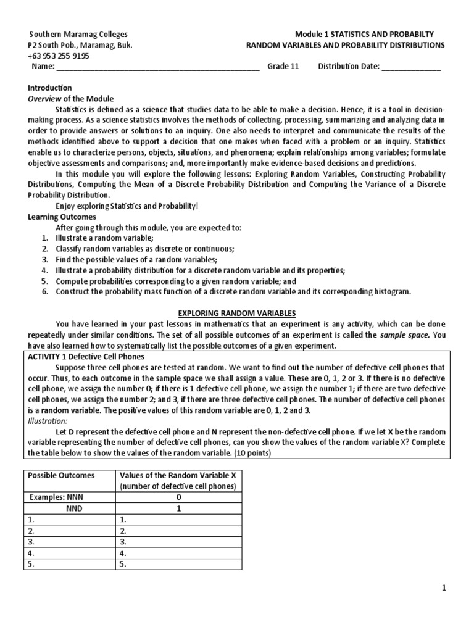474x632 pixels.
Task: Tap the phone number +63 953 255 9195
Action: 59,56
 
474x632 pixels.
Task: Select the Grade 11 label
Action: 283,67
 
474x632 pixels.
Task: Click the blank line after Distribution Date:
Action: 411,67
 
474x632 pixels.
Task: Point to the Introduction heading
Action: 50,88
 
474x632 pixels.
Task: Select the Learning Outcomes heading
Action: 62,217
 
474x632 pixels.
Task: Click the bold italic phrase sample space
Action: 404,335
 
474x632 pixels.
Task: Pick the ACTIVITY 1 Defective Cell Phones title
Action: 86,357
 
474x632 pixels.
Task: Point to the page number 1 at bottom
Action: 443,588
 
